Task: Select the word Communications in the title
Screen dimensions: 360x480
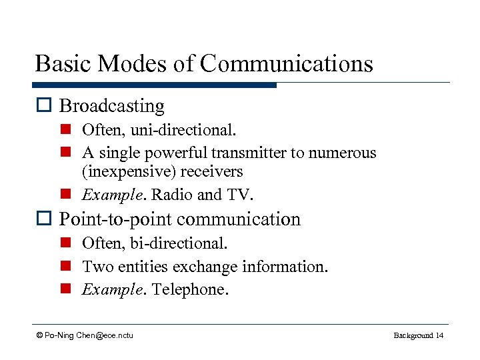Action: pos(287,64)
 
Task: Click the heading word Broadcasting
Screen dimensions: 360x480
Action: pos(112,106)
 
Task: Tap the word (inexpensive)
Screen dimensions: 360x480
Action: pos(121,171)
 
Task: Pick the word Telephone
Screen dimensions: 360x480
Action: pos(190,290)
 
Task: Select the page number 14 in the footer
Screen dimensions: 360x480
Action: pos(439,335)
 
